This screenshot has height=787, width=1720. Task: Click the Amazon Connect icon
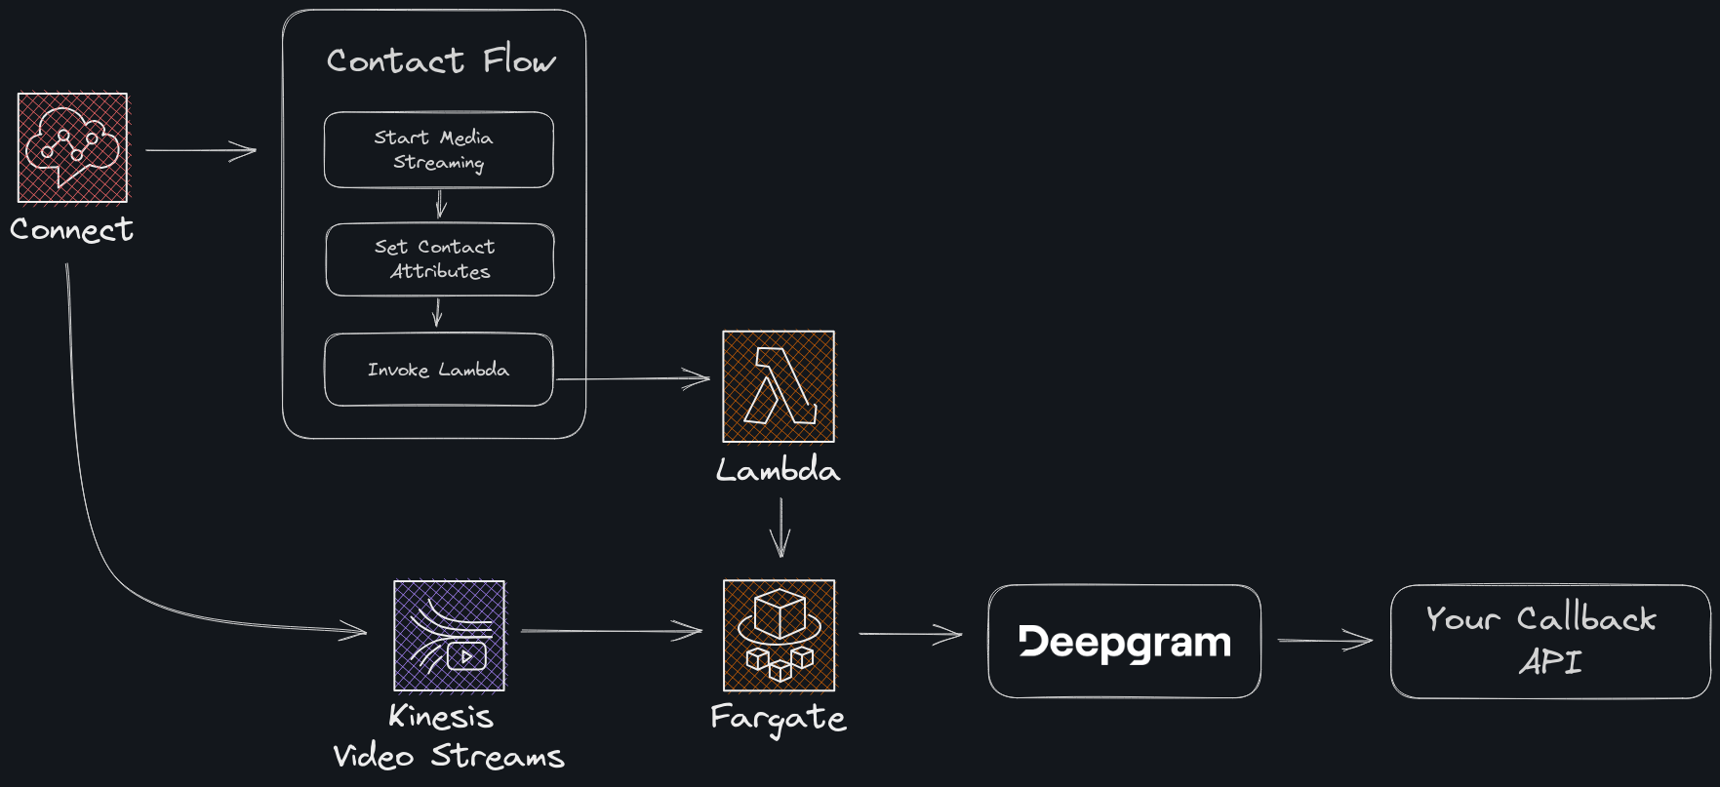coord(73,147)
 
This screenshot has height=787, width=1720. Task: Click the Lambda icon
coord(779,386)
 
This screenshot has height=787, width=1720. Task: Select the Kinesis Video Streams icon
coord(449,636)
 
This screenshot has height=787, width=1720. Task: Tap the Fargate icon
coord(779,636)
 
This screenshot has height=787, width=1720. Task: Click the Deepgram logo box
coord(1124,642)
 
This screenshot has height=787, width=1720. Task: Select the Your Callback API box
coord(1549,642)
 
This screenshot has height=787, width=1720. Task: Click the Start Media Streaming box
coord(438,150)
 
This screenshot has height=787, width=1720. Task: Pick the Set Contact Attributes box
coord(439,259)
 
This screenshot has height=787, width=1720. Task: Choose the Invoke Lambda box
coord(438,370)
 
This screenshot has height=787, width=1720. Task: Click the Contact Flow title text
coord(441,60)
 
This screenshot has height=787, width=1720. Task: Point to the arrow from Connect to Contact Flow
coord(200,151)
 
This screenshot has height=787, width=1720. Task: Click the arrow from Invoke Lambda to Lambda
coord(634,378)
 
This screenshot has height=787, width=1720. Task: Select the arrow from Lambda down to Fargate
coord(780,527)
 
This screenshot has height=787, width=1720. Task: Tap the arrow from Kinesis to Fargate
coord(611,631)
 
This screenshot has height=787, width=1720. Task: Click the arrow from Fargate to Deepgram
coord(909,635)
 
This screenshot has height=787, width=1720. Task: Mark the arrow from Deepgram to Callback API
coord(1324,641)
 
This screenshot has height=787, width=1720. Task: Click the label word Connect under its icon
coord(71,230)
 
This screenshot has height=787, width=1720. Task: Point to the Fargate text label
coord(778,719)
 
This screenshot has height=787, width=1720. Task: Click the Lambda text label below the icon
coord(778,471)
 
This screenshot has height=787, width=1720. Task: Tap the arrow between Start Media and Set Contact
coord(440,204)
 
